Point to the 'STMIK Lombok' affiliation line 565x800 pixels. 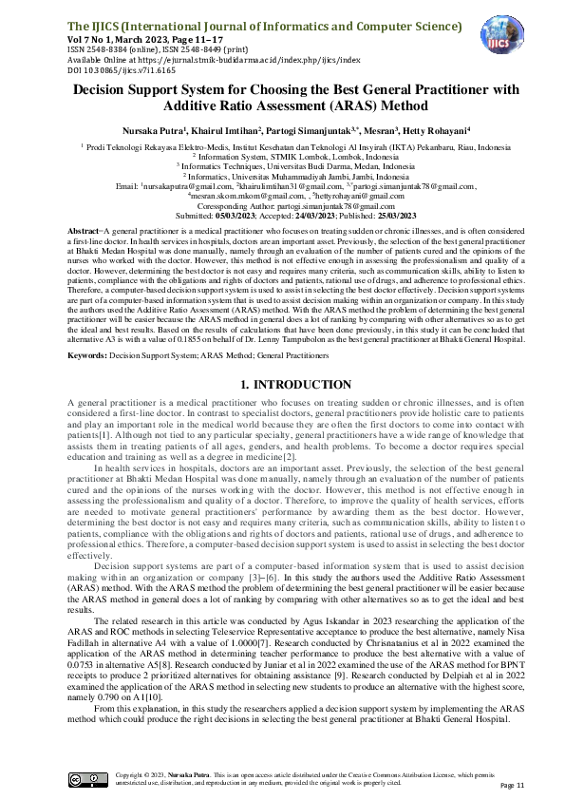(282, 158)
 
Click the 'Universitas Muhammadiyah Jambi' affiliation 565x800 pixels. (282, 177)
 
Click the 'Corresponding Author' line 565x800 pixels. (282, 205)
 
